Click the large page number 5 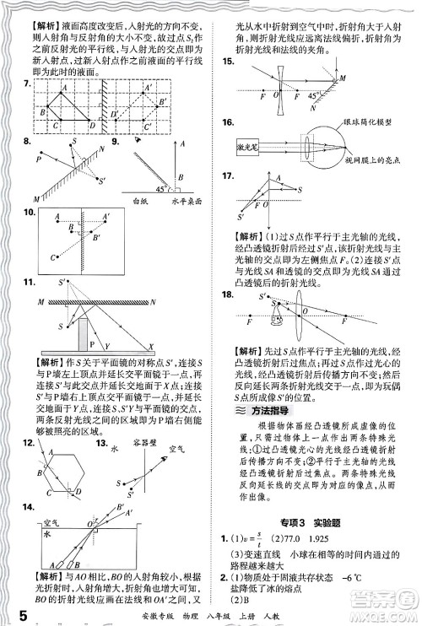(9, 609)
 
